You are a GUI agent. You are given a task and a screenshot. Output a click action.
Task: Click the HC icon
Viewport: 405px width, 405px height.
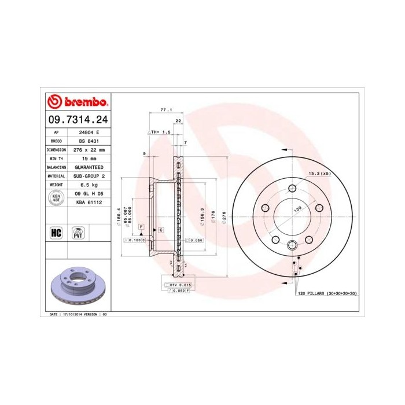pos(56,233)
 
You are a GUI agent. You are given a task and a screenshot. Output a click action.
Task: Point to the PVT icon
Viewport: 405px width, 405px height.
pos(78,233)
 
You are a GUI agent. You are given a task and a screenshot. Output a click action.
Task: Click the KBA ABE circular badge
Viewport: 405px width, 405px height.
pos(56,198)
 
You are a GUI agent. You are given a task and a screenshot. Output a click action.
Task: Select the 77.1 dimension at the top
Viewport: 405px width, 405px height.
pos(166,109)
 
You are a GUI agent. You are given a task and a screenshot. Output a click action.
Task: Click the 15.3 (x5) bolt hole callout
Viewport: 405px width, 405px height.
pos(319,174)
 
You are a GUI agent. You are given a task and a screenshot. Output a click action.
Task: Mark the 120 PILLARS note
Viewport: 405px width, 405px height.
pos(326,294)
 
